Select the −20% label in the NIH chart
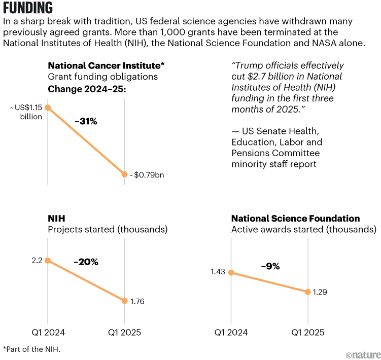(x=86, y=262)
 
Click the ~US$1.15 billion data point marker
(x=48, y=107)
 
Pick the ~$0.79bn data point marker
(x=125, y=174)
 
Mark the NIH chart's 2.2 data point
(x=48, y=261)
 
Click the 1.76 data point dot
(x=125, y=301)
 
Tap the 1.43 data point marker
(x=231, y=272)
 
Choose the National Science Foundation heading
(x=295, y=219)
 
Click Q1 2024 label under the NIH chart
(x=48, y=333)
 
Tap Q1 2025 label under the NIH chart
(x=124, y=333)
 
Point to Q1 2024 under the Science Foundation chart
(x=231, y=333)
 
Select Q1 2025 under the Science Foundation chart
(x=308, y=333)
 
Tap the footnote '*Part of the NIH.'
(x=31, y=349)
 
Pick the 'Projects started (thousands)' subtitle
(x=108, y=230)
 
